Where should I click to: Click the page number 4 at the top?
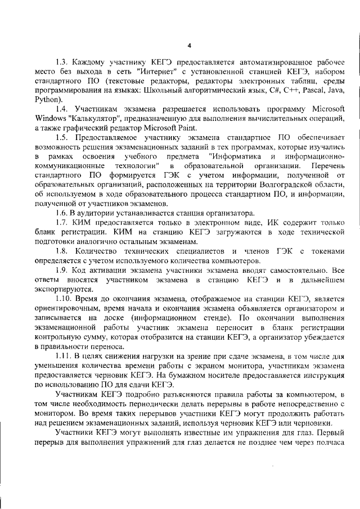[x=189, y=46]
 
